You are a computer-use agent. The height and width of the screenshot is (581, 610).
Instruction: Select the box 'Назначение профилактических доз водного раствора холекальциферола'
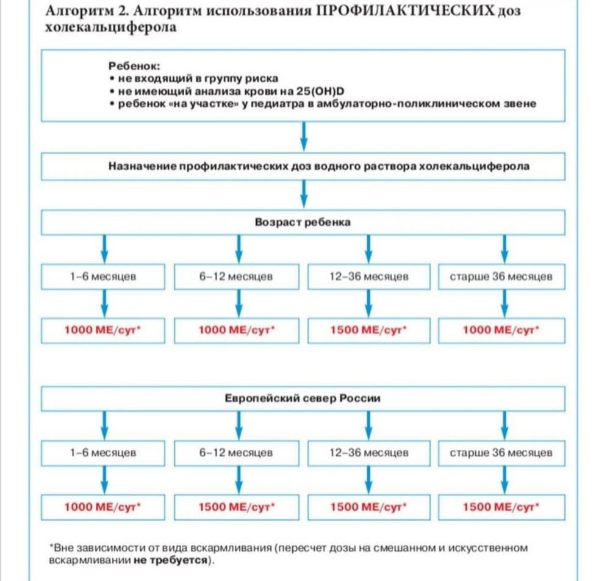tap(303, 166)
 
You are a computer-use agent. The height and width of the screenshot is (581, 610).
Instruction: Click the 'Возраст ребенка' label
tap(303, 222)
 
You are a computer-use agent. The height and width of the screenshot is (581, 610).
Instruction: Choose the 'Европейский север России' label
tap(303, 399)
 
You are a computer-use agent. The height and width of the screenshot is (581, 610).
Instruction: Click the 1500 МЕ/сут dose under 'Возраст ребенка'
tap(368, 330)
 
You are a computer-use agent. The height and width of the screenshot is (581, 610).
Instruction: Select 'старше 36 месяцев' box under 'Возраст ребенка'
tap(501, 276)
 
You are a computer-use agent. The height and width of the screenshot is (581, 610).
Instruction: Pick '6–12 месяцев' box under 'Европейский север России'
tap(236, 453)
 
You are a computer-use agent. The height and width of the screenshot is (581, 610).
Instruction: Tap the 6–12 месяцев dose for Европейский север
tap(236, 507)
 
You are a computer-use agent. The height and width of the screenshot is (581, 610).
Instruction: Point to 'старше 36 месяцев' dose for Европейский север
tap(501, 507)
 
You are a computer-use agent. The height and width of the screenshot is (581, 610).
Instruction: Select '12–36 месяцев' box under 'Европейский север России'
tap(368, 453)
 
